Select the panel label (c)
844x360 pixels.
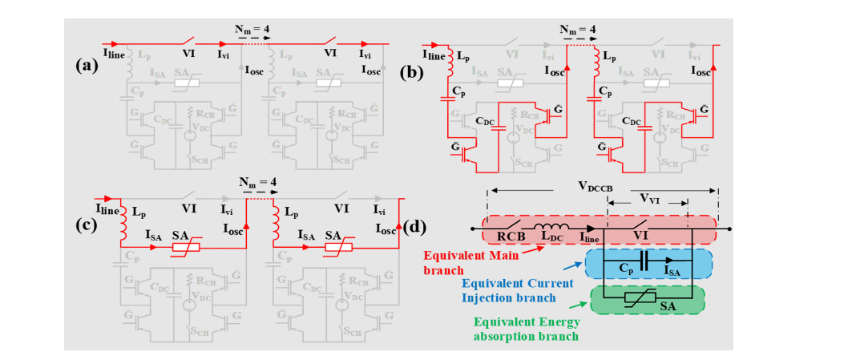(x=87, y=224)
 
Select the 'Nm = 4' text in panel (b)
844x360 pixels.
(x=581, y=30)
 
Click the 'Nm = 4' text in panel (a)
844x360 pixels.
(x=252, y=27)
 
